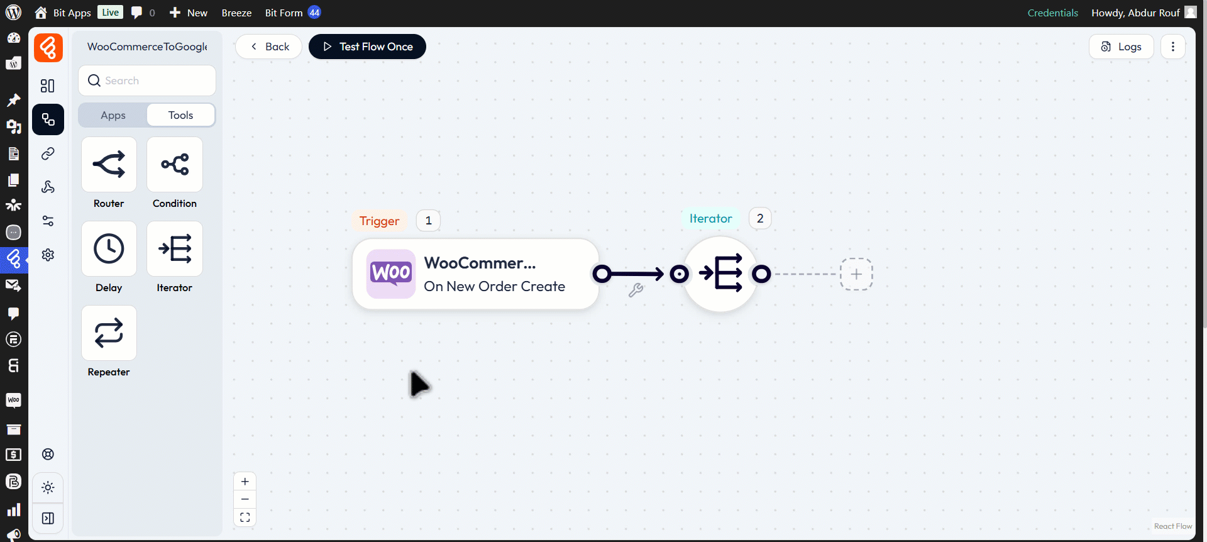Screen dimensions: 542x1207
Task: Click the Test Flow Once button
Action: pos(367,47)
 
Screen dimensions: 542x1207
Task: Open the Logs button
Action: pos(1121,47)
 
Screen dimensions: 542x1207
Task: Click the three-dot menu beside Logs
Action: pos(1172,47)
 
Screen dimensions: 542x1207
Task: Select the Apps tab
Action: pos(113,115)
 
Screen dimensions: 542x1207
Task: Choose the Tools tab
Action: pos(180,115)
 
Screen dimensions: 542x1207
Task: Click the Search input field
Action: pos(151,80)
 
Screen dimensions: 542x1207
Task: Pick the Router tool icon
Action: pos(109,165)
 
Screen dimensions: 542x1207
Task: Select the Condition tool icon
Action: pos(175,165)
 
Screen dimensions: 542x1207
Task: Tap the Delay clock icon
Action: pos(109,249)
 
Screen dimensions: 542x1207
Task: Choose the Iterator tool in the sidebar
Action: pos(175,249)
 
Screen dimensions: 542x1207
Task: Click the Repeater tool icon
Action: pos(109,333)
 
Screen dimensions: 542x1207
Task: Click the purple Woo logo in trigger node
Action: pos(390,274)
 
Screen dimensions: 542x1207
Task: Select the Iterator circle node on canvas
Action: pos(720,274)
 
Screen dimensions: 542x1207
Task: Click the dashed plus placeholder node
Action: pos(856,274)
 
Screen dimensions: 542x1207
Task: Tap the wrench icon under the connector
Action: pos(636,290)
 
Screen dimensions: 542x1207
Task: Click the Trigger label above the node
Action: pos(379,221)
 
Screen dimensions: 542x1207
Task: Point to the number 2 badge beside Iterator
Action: pos(760,218)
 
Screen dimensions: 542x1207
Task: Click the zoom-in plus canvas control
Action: pos(245,482)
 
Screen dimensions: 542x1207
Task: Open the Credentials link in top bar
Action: pos(1052,13)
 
